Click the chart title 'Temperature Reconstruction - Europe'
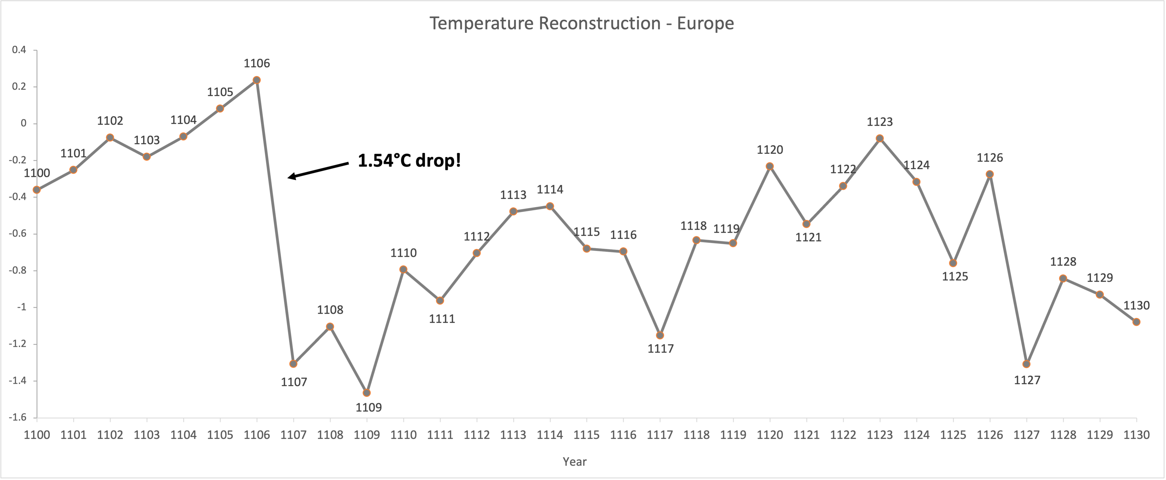[x=582, y=23]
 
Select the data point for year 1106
[x=257, y=80]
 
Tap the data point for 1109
[x=367, y=393]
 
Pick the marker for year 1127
[x=1026, y=364]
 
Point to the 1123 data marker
[x=880, y=138]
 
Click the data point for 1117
[x=660, y=335]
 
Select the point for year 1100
[x=37, y=190]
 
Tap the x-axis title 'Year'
[x=575, y=461]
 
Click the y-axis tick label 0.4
[x=19, y=50]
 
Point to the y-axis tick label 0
[x=24, y=123]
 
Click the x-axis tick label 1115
[x=587, y=435]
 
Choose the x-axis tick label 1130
[x=1136, y=435]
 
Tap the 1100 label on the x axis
[x=37, y=435]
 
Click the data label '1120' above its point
[x=770, y=150]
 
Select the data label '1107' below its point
[x=294, y=382]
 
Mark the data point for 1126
[x=990, y=174]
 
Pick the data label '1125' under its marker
[x=955, y=277]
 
